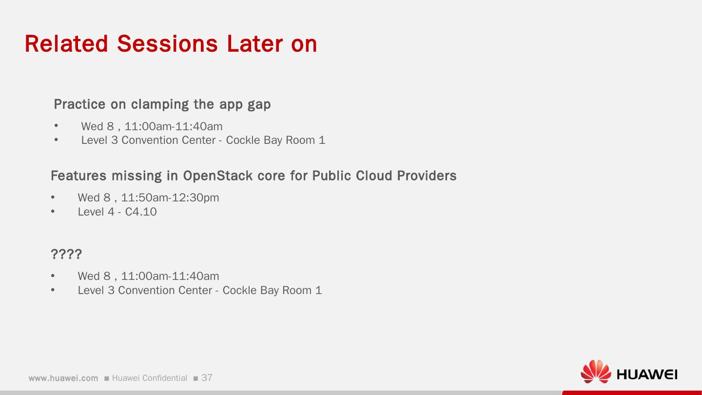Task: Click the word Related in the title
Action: [x=66, y=43]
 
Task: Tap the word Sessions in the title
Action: [x=167, y=43]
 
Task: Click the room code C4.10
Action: [x=141, y=212]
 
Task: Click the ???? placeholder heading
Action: [x=66, y=254]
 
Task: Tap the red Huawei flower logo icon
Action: [x=596, y=372]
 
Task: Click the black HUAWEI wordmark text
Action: [x=647, y=375]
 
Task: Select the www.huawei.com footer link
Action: [x=63, y=378]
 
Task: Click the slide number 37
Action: [x=207, y=377]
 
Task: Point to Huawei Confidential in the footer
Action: [x=150, y=378]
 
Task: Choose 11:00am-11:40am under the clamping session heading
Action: [x=174, y=126]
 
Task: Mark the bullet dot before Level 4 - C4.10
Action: [x=53, y=211]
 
